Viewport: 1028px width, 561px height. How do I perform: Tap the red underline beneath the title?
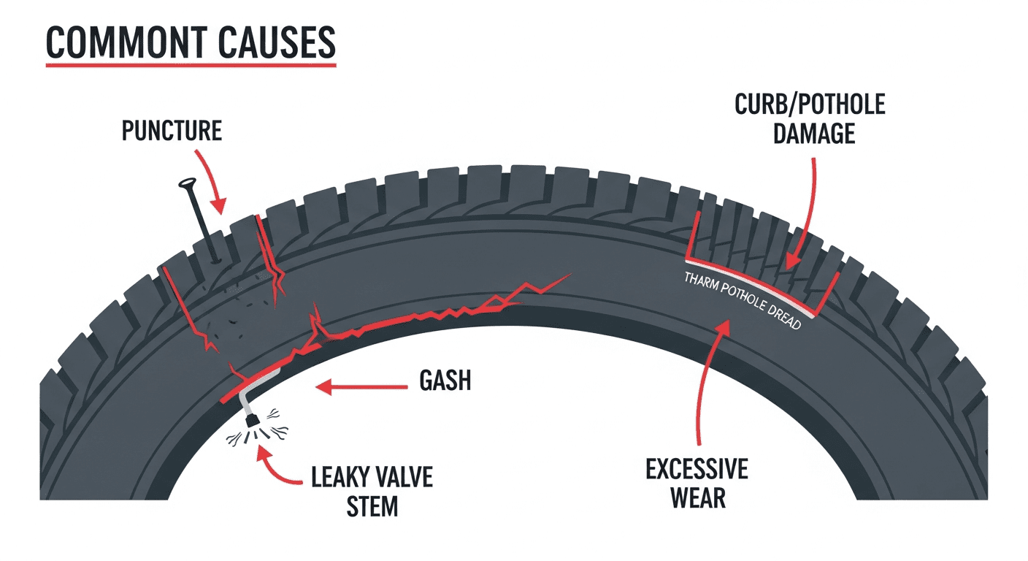pos(191,66)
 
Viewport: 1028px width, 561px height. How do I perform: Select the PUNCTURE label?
pos(172,131)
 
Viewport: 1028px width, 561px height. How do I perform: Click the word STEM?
pos(371,506)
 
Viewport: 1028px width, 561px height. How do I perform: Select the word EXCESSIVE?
pos(697,470)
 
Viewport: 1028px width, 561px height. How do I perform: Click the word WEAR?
pos(697,498)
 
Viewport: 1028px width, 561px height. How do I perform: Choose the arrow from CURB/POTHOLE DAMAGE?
pos(808,212)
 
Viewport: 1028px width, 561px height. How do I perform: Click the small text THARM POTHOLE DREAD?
pos(740,301)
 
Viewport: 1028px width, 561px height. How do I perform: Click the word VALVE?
pos(403,479)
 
